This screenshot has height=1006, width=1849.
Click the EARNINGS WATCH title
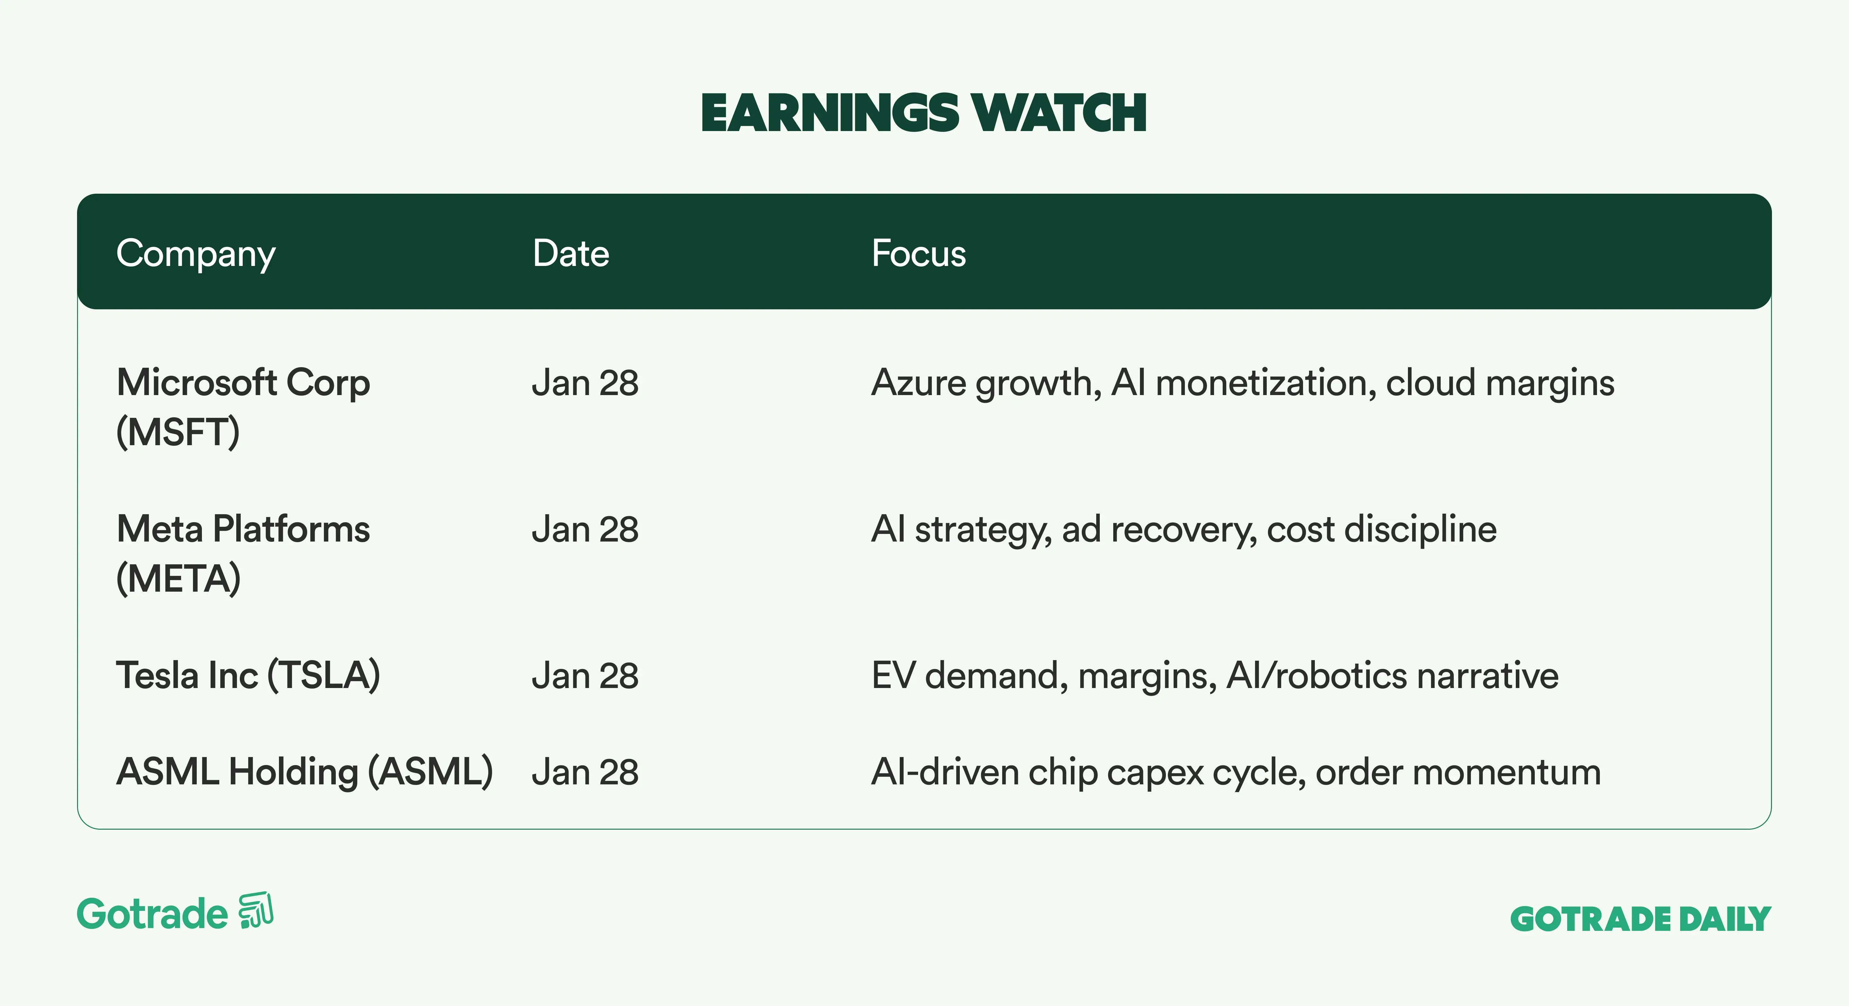point(924,113)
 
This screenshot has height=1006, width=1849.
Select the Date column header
point(571,253)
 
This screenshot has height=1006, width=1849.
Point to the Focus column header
point(919,253)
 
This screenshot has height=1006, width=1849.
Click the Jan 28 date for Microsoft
point(585,384)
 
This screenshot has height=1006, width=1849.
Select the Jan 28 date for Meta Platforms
point(585,530)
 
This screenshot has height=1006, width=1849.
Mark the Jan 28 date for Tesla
point(585,676)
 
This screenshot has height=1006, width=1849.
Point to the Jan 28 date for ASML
point(585,772)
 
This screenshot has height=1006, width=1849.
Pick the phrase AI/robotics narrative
point(1393,676)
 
